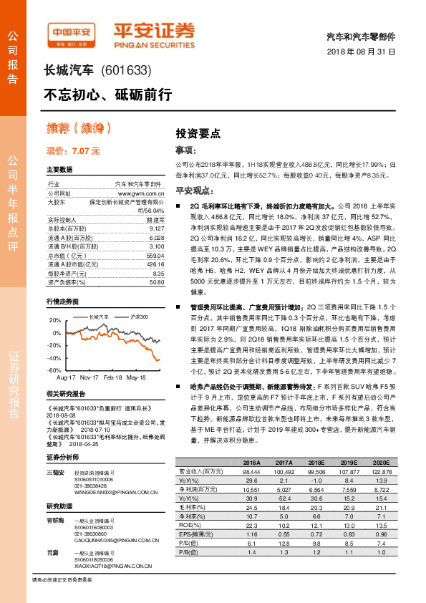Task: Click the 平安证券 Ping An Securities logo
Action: (155, 33)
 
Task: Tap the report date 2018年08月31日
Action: (361, 52)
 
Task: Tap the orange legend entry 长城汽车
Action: (97, 316)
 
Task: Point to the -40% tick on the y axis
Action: (52, 357)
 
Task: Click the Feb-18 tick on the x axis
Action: (113, 376)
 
